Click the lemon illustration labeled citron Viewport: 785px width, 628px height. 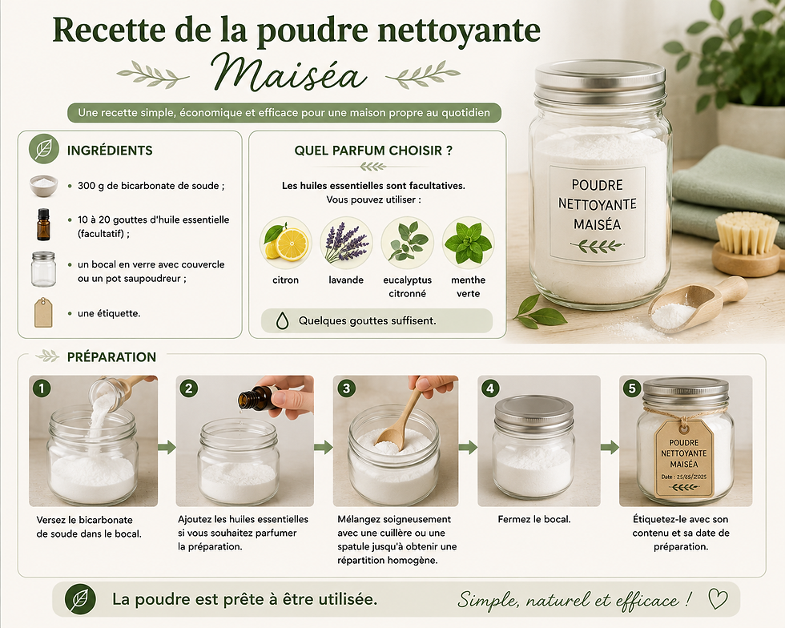285,243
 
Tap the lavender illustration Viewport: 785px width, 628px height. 346,243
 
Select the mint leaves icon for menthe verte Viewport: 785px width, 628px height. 468,243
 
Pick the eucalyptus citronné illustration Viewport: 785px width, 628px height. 407,243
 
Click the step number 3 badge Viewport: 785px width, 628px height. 346,388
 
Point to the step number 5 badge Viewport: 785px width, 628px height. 632,388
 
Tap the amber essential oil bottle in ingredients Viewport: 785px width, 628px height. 43,224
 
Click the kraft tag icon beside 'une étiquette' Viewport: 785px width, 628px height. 43,312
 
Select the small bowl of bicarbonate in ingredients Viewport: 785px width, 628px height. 43,186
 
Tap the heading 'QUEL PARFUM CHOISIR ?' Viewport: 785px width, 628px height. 373,151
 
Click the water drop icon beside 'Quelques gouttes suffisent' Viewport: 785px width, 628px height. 282,320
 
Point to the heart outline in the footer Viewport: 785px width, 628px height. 718,598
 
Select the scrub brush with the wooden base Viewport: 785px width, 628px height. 746,247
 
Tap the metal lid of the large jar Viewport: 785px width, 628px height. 600,81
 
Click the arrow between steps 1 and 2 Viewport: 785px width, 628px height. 167,447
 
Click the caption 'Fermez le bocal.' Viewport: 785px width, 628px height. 534,519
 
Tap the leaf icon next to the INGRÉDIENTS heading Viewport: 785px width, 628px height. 43,149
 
